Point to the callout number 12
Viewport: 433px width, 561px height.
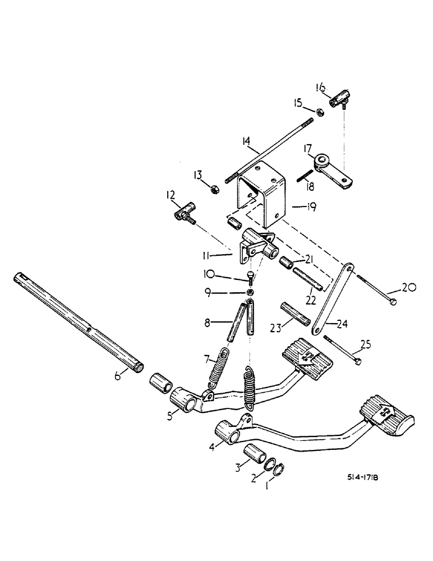pos(171,196)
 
